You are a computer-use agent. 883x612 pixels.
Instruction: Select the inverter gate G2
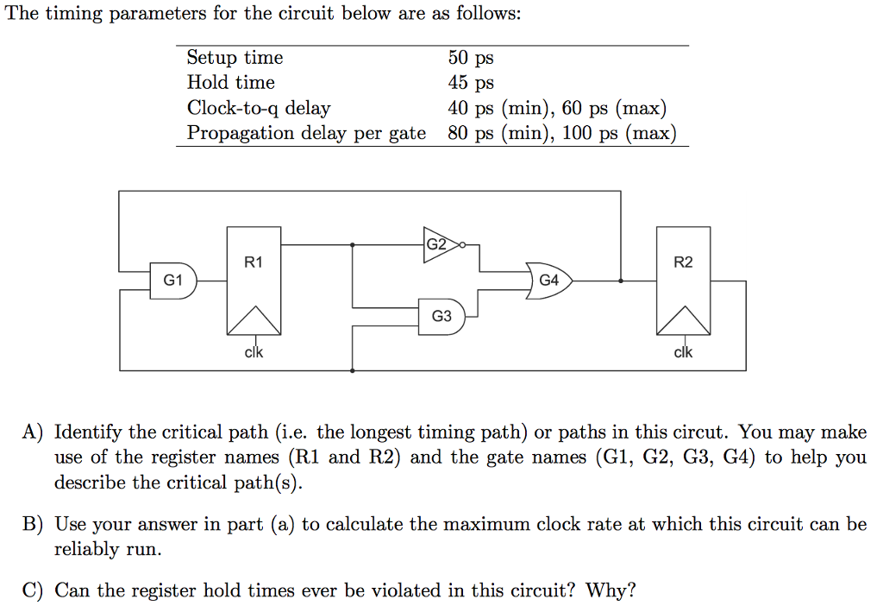(439, 244)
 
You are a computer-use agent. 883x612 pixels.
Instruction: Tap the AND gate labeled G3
(441, 316)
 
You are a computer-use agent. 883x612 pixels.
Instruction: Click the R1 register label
(253, 262)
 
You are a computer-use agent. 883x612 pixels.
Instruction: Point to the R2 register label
(683, 262)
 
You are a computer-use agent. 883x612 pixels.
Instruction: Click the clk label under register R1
(254, 352)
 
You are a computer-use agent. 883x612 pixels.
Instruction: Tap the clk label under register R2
(683, 352)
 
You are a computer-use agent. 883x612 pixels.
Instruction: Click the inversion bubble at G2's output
(463, 245)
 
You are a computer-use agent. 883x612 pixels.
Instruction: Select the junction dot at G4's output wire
(622, 281)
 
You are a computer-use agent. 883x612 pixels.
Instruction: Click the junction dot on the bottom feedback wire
(352, 370)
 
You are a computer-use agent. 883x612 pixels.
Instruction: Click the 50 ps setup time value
(471, 58)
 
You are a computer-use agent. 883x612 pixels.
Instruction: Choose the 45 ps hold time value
(471, 83)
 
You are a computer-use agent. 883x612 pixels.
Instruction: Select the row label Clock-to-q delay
(259, 108)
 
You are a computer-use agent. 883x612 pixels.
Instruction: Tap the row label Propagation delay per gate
(306, 133)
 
